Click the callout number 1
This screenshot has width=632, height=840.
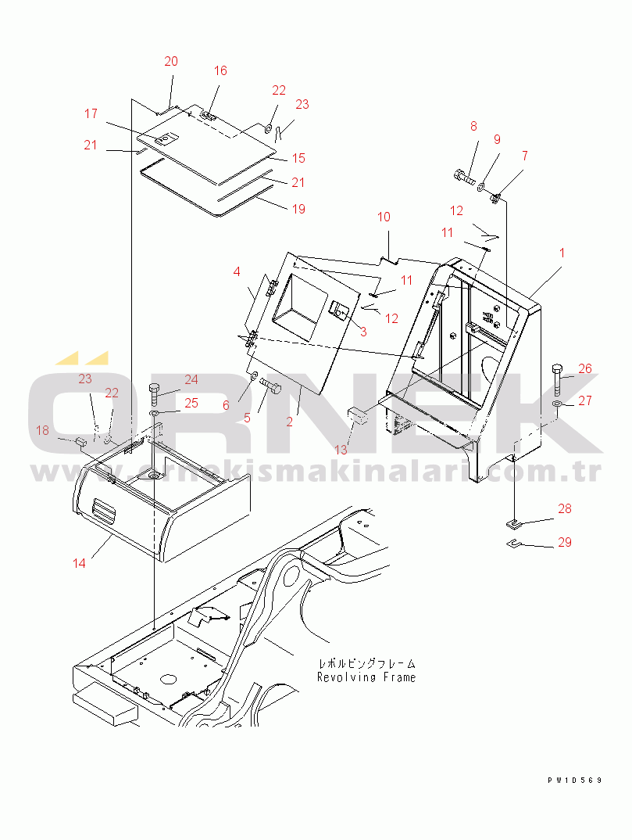[562, 253]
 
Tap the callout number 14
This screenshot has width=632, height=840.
[79, 563]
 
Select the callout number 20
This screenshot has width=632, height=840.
[171, 62]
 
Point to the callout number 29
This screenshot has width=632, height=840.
[565, 542]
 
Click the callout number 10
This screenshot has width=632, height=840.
[384, 217]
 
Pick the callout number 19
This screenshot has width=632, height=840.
[298, 208]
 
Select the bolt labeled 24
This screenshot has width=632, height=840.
[155, 395]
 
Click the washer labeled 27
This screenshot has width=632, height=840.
[556, 402]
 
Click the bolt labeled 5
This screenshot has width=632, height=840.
[271, 386]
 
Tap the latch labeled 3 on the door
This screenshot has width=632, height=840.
[339, 310]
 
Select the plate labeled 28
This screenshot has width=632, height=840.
[512, 522]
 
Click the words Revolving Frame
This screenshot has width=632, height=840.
[366, 677]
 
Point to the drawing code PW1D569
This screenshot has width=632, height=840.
[575, 780]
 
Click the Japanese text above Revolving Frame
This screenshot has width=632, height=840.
[366, 664]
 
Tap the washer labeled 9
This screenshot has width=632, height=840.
[481, 187]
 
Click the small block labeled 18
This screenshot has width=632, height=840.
[81, 442]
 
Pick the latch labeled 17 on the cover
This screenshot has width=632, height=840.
[165, 138]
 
